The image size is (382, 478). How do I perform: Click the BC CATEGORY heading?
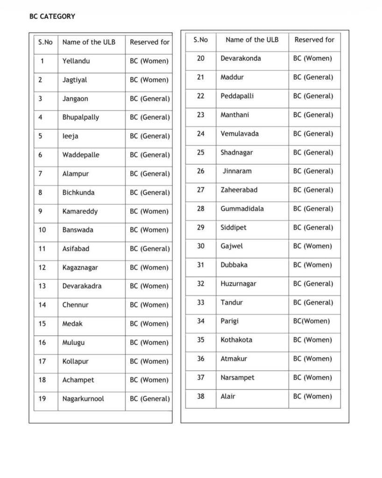[52, 16]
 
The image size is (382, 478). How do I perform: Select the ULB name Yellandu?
[76, 61]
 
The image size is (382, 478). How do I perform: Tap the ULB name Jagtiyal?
[75, 80]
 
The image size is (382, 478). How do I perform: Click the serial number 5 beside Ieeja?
[41, 136]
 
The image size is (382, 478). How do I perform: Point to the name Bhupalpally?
[81, 117]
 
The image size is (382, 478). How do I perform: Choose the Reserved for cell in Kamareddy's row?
[149, 211]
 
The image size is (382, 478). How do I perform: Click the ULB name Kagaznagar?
[80, 267]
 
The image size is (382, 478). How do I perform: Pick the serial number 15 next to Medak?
[42, 324]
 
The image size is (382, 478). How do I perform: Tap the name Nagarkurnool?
[83, 399]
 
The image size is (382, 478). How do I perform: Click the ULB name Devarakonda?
[241, 58]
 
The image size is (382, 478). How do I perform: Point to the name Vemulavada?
[240, 134]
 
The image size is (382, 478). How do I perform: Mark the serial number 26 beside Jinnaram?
[200, 171]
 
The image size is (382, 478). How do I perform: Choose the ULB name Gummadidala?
[242, 209]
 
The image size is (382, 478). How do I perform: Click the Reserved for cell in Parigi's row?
[311, 321]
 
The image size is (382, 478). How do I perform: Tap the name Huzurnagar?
[238, 284]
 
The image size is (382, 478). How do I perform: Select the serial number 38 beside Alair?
[200, 396]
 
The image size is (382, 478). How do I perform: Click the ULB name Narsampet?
[237, 378]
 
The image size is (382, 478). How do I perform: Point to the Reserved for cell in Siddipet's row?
[313, 227]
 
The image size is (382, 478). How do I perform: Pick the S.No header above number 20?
[200, 40]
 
